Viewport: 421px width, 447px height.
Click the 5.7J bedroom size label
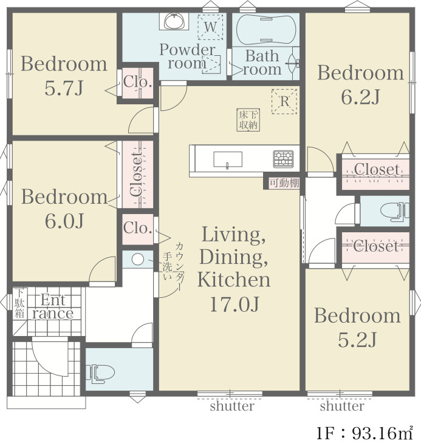click(x=64, y=89)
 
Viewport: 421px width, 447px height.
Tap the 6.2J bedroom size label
click(x=360, y=98)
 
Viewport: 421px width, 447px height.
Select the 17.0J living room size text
click(x=234, y=304)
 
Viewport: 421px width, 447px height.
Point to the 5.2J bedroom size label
click(x=357, y=340)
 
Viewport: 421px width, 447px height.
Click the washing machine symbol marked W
click(x=210, y=27)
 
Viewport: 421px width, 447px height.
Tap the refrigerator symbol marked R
click(x=284, y=101)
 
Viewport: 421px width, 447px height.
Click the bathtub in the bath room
click(x=266, y=29)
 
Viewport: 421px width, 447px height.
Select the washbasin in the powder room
click(x=174, y=21)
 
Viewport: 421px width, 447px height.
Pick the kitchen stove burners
click(x=283, y=159)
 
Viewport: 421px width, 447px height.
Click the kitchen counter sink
click(x=228, y=160)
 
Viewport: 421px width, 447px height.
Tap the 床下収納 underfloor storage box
click(x=248, y=119)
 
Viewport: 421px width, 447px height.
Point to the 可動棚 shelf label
click(x=284, y=183)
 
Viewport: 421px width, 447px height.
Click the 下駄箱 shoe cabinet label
click(x=19, y=303)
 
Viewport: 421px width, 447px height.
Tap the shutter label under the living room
click(x=232, y=406)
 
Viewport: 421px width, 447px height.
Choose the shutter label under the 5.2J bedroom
click(x=342, y=406)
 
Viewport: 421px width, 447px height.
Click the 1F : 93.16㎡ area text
click(x=365, y=433)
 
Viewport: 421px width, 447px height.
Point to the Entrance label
click(x=53, y=307)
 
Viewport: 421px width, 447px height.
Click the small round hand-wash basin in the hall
click(x=138, y=260)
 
